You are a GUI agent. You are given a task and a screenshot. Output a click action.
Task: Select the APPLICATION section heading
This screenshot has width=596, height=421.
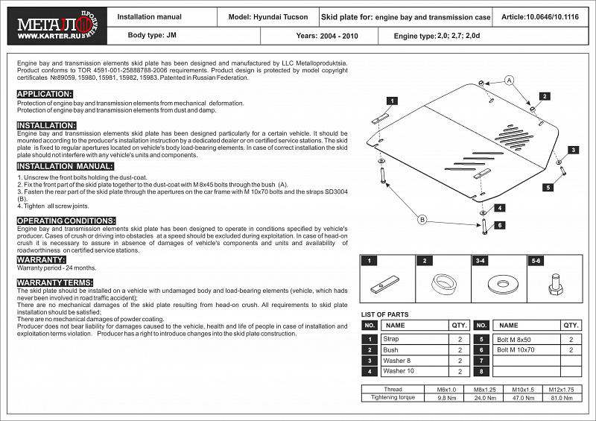45,94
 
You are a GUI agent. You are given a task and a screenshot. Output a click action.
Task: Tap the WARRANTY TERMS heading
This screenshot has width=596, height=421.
54,283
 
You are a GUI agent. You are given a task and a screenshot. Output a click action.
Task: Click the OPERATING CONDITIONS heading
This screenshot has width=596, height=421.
66,221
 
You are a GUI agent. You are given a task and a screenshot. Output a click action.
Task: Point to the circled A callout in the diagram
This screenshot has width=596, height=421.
509,80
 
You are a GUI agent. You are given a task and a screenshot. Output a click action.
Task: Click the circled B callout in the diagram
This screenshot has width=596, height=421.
422,219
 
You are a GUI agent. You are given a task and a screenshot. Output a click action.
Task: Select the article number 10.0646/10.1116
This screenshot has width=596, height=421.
540,16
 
